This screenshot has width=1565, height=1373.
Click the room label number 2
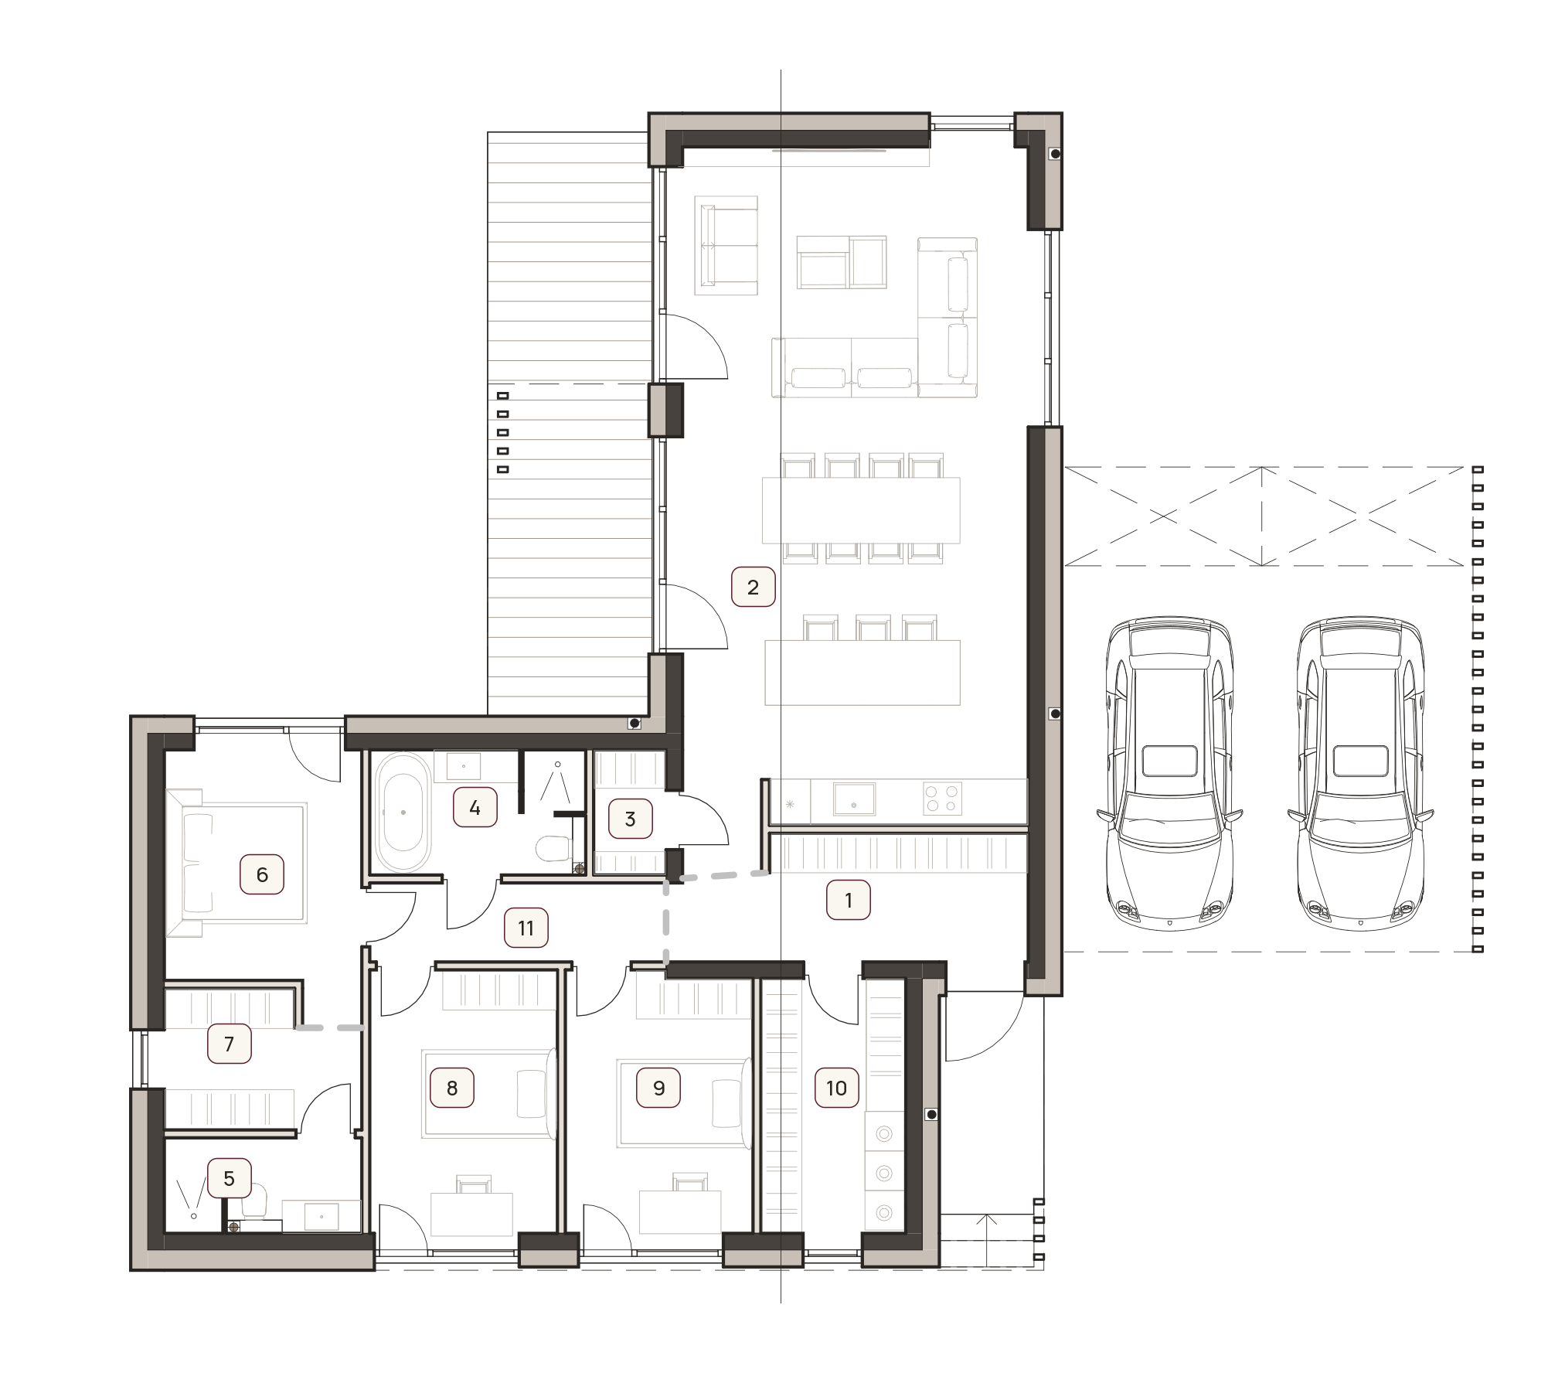point(753,588)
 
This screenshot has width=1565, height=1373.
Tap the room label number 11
point(526,928)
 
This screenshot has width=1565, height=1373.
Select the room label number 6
point(262,874)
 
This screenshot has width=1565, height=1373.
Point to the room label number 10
point(836,1089)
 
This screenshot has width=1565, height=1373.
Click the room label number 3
point(630,819)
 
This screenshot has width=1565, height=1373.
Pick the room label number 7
point(229,1044)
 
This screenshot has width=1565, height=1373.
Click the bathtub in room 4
point(403,813)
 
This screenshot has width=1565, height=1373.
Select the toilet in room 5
point(256,1201)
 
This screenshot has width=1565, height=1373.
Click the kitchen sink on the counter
point(854,799)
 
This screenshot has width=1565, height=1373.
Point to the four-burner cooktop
point(943,799)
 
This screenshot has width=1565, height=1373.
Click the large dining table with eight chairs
point(861,509)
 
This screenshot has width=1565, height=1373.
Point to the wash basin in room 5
point(322,1215)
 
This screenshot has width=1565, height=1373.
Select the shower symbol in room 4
point(556,784)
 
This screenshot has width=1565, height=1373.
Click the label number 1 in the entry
point(849,900)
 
